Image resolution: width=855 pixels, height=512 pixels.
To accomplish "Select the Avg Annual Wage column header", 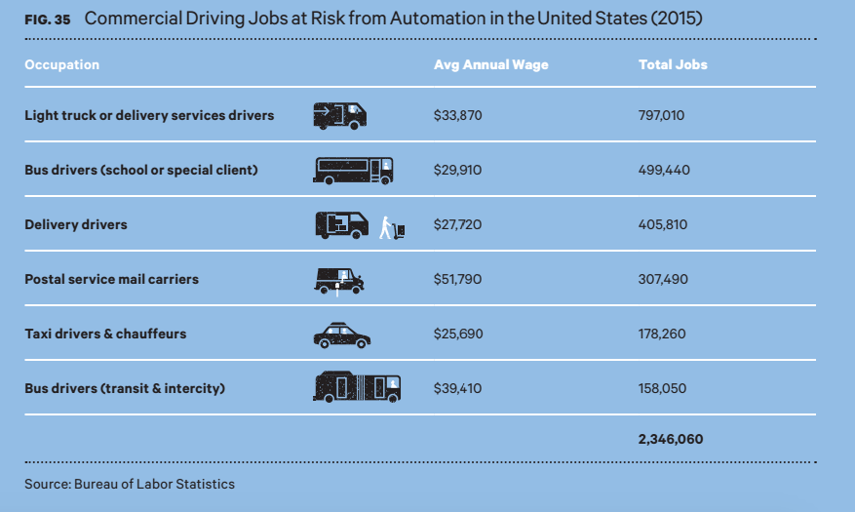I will click(490, 65).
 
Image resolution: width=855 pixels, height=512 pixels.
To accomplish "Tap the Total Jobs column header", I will click(672, 65).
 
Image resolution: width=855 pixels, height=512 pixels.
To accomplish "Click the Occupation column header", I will click(61, 65).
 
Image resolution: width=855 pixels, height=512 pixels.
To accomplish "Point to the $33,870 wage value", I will click(457, 115).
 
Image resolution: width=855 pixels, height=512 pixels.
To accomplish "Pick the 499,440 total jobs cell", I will click(663, 170).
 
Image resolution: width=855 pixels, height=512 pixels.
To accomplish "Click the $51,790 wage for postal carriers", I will click(457, 279).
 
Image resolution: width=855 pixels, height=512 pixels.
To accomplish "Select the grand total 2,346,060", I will click(670, 440).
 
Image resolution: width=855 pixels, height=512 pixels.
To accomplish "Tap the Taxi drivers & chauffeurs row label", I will click(105, 334).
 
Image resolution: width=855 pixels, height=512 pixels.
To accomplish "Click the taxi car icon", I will click(341, 335).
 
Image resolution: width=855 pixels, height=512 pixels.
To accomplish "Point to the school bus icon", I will click(353, 170).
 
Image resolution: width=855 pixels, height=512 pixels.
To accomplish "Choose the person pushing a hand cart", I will click(392, 227).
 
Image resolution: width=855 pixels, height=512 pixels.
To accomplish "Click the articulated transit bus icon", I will click(357, 387).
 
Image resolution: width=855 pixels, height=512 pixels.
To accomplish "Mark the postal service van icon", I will click(339, 281).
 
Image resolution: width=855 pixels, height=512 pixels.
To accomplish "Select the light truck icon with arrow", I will click(339, 115).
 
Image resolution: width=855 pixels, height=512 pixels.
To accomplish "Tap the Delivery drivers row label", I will click(76, 224).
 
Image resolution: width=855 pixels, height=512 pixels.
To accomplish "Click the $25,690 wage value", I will click(457, 334).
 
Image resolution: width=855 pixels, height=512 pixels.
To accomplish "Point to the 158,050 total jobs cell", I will click(662, 388).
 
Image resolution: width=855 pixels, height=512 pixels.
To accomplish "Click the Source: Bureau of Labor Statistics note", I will click(130, 484).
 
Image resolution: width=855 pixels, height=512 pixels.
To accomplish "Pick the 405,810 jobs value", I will click(662, 224).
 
